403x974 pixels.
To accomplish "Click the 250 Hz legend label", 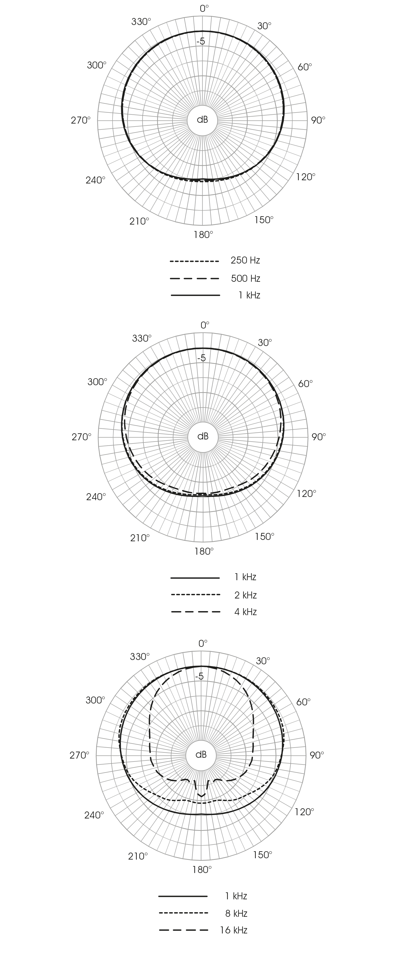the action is [x=245, y=261].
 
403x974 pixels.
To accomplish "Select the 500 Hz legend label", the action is [x=246, y=279].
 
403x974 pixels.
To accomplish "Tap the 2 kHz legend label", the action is [x=246, y=595].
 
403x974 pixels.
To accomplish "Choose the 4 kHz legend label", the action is [x=246, y=612].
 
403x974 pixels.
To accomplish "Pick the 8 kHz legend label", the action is [x=236, y=914].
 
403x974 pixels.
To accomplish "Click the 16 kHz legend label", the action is [x=234, y=930].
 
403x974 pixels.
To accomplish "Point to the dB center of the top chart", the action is [x=203, y=120].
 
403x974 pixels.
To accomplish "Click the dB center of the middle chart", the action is [x=203, y=436].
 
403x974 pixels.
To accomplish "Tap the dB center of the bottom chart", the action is [x=201, y=755].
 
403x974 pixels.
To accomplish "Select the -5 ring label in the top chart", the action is [x=201, y=41].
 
